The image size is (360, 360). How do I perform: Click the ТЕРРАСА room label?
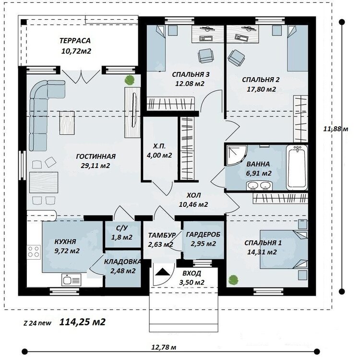75,41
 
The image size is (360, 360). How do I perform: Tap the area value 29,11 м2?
96,166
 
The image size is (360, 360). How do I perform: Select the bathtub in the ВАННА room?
297,168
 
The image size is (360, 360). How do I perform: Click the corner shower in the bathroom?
237,155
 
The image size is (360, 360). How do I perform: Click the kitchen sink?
71,280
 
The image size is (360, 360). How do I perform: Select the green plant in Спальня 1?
233,280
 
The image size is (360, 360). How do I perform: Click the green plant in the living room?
130,80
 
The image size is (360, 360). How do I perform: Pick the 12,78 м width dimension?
164,347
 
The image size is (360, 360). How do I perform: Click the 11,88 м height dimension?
336,129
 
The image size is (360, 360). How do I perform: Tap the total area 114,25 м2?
83,322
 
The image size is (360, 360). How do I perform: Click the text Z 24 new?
37,323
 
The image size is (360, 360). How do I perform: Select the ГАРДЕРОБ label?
203,234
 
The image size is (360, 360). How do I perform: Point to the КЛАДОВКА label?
122,262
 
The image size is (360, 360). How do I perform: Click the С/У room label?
122,228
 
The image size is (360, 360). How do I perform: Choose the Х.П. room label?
159,146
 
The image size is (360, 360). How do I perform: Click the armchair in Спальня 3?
206,56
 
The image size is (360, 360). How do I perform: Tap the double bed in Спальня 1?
284,249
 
